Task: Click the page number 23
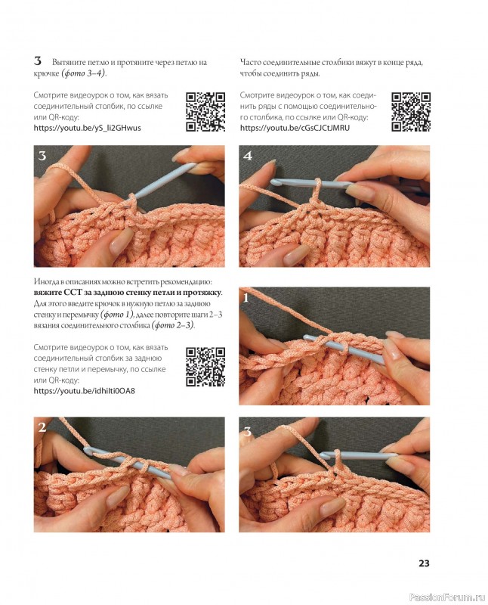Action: coord(424,563)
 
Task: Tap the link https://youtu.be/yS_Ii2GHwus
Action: coord(87,128)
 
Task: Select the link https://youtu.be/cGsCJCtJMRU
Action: coord(295,128)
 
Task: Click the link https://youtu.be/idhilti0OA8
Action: coord(85,391)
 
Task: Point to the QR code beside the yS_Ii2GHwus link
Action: coord(205,111)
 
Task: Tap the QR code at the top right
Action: coord(410,111)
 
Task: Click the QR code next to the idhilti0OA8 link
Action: coord(205,367)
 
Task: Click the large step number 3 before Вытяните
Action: coord(37,61)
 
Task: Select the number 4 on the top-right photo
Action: coord(248,156)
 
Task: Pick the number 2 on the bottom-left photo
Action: coord(42,427)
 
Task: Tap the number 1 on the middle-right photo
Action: coord(246,297)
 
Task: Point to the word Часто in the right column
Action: coord(250,62)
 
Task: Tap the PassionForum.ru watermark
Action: coord(446,597)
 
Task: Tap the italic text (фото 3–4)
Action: coord(83,73)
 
